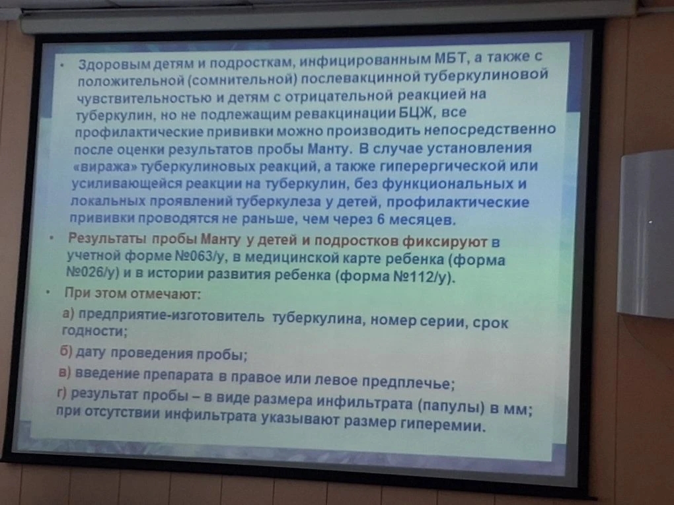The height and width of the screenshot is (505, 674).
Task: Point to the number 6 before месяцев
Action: click(x=381, y=219)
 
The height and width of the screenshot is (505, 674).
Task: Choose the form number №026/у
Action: click(x=93, y=273)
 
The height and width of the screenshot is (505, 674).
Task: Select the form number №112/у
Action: click(x=420, y=277)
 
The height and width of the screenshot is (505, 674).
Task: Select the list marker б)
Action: click(x=66, y=351)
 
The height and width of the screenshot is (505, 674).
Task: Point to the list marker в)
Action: click(x=65, y=372)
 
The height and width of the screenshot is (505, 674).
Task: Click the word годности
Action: click(x=93, y=331)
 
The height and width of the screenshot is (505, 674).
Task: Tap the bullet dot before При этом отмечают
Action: click(x=48, y=292)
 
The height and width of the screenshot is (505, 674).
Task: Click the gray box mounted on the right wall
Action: click(x=646, y=234)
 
